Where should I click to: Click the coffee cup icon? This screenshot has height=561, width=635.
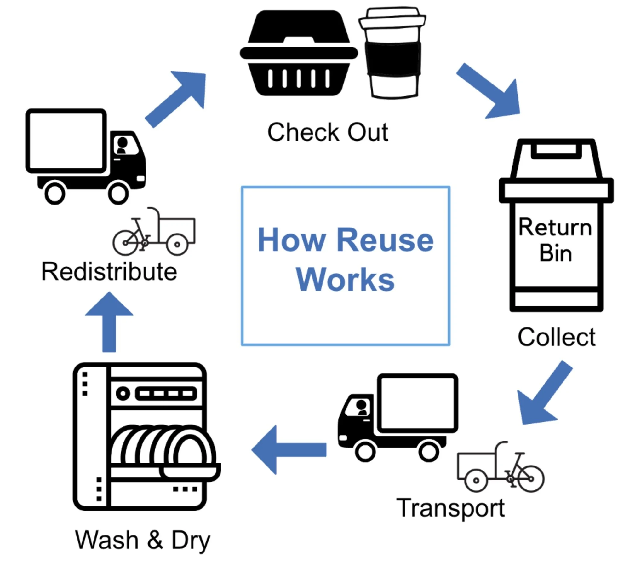click(x=392, y=52)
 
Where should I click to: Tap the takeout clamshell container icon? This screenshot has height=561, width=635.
click(x=299, y=53)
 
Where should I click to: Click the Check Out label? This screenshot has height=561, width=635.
click(x=328, y=132)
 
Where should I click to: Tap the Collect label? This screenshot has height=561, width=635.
click(x=557, y=337)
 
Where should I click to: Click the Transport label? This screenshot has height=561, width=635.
click(x=451, y=508)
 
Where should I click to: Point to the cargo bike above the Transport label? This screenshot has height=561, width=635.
click(x=501, y=466)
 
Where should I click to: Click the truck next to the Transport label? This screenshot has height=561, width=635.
click(x=398, y=418)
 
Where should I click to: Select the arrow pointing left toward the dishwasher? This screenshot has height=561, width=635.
click(x=289, y=450)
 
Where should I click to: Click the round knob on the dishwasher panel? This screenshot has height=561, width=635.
click(x=123, y=393)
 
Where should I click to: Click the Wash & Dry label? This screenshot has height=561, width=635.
click(x=143, y=540)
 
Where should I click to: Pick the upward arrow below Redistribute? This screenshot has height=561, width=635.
click(x=109, y=321)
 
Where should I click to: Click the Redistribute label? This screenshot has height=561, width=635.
click(x=109, y=272)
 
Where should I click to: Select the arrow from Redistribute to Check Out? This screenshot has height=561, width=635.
click(x=175, y=100)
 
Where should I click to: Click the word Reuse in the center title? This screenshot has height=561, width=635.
click(x=385, y=240)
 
